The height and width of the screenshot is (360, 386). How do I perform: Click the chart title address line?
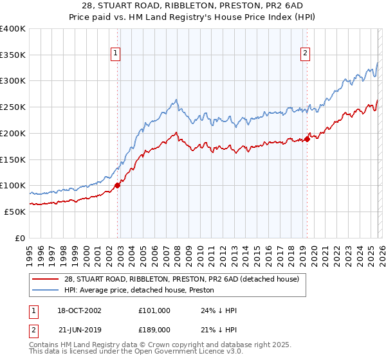tap(192, 6)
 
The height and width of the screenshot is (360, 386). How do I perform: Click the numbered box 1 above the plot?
tap(116, 54)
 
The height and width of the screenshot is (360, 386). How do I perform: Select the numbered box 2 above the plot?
tap(305, 54)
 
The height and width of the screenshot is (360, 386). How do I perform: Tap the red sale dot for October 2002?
tap(117, 185)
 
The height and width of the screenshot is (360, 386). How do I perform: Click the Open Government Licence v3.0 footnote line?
tap(135, 353)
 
